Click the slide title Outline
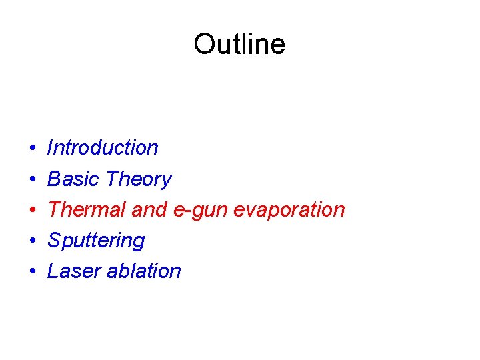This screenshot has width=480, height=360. tap(239, 45)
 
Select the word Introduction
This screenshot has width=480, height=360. tap(103, 147)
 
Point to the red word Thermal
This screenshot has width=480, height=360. tap(87, 209)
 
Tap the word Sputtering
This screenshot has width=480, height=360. tap(96, 241)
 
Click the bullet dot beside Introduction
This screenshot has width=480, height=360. tap(33, 148)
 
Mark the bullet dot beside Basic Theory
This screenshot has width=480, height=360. tap(33, 179)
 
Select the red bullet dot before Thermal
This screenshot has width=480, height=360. tap(33, 210)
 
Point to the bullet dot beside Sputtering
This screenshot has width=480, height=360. tap(33, 241)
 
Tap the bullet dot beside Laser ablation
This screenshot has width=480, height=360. tap(33, 271)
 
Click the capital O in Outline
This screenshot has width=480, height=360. tap(204, 45)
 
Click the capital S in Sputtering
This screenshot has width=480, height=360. tap(55, 240)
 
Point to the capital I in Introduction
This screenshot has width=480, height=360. tap(51, 147)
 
